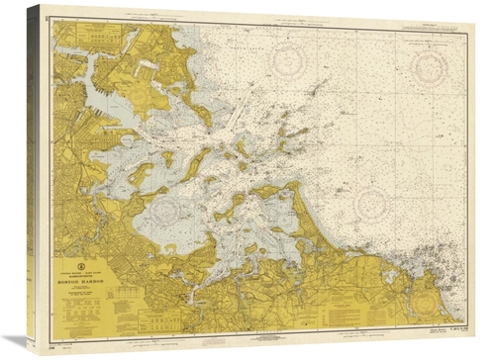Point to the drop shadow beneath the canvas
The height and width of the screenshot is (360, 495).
point(247,353)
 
